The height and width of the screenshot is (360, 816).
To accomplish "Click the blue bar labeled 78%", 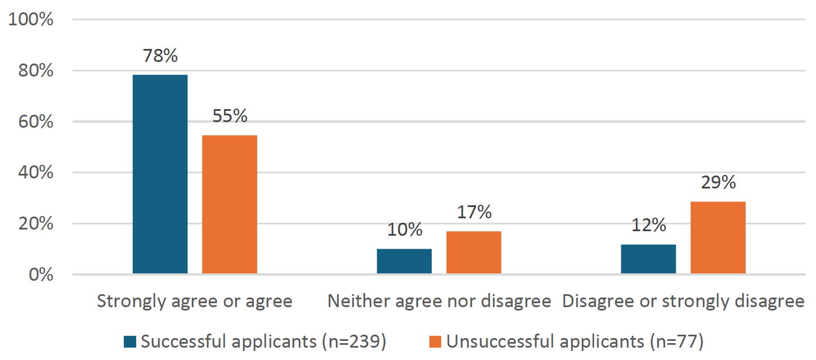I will (160, 174).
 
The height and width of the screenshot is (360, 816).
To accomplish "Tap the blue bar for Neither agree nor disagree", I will (404, 261).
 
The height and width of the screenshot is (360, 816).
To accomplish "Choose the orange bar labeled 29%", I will (718, 237).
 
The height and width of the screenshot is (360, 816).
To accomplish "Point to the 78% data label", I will (160, 56).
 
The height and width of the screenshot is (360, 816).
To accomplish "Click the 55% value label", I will (230, 116).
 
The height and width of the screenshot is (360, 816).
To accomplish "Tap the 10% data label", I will (404, 230).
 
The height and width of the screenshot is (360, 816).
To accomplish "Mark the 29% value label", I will (718, 183).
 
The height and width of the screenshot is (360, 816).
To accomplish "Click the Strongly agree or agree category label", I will (195, 301).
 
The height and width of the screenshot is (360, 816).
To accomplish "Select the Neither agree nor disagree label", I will (439, 301).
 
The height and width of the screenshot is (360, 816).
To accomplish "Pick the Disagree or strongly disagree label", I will (683, 301).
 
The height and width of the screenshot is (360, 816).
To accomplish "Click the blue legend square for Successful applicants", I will (131, 341).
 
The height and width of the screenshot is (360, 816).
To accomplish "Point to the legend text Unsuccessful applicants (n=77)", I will (575, 341).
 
